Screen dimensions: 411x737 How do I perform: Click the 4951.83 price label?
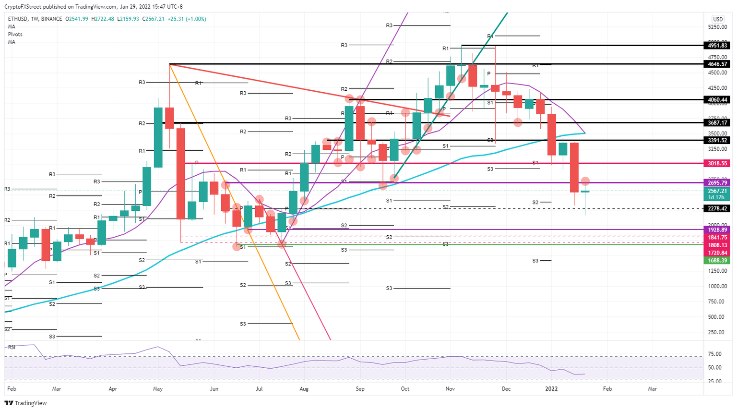717,46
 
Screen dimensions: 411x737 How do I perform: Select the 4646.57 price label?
717,64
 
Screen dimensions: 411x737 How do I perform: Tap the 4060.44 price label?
717,100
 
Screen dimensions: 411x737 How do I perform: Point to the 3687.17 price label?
717,123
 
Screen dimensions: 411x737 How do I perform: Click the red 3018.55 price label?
717,163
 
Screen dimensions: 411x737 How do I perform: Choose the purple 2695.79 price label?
717,183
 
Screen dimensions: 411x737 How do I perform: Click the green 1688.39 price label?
717,260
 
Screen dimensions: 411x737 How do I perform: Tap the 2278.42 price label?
717,208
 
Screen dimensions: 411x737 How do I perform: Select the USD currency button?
717,19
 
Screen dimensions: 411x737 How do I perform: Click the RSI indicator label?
12,347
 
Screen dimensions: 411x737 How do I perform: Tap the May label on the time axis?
158,389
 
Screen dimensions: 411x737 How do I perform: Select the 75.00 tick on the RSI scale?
715,354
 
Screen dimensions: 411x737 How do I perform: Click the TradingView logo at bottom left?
27,403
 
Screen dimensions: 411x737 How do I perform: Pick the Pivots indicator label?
15,35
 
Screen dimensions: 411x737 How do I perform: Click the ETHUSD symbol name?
17,19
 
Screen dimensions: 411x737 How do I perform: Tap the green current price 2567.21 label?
717,191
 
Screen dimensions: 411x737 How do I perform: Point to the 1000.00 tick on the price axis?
717,286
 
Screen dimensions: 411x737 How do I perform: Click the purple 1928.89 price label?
717,230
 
